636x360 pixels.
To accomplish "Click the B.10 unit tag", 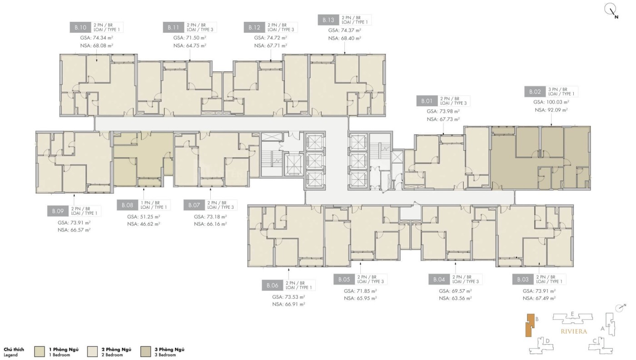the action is (x=80, y=27).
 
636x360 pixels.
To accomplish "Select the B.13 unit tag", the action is (x=328, y=20).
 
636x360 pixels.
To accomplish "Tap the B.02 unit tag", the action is (x=535, y=92).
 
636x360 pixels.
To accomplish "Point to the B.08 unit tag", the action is (x=128, y=205).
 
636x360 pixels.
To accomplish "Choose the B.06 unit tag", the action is (x=273, y=286).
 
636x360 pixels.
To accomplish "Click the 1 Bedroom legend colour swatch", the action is (x=40, y=351).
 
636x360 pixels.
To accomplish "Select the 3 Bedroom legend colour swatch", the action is (x=146, y=351).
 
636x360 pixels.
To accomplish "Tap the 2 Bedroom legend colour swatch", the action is (x=93, y=351).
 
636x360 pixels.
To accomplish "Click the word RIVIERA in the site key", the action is (x=574, y=331).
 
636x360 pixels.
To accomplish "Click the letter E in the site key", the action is (x=572, y=314).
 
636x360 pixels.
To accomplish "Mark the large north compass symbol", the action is (x=610, y=11).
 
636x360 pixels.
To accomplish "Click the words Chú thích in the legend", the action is (x=14, y=350).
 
